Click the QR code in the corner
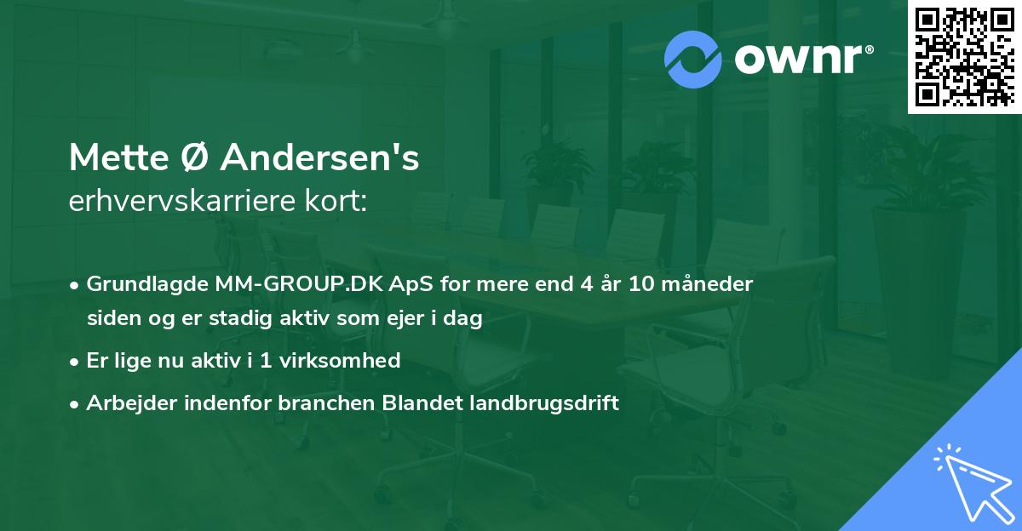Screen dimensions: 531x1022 tap(965, 56)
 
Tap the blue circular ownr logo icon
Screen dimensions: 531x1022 tap(694, 60)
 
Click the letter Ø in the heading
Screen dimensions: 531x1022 tap(194, 158)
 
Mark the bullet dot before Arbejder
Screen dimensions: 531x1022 tap(76, 403)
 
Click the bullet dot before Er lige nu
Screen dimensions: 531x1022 tap(76, 361)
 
